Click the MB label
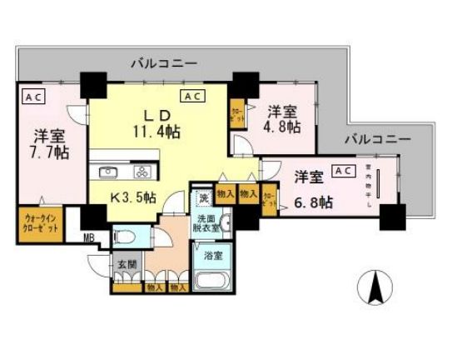[x=87, y=243]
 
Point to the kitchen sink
[x=108, y=173]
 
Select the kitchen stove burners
[x=141, y=173]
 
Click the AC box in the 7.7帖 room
[x=32, y=97]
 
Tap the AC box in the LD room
[x=193, y=97]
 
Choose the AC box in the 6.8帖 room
[x=342, y=171]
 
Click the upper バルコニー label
[x=163, y=62]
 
